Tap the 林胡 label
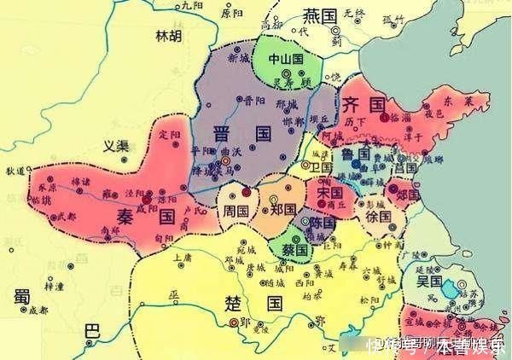pyautogui.click(x=167, y=36)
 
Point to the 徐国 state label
pyautogui.click(x=377, y=218)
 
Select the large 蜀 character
pyautogui.click(x=21, y=296)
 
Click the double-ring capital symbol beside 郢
pyautogui.click(x=233, y=322)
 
